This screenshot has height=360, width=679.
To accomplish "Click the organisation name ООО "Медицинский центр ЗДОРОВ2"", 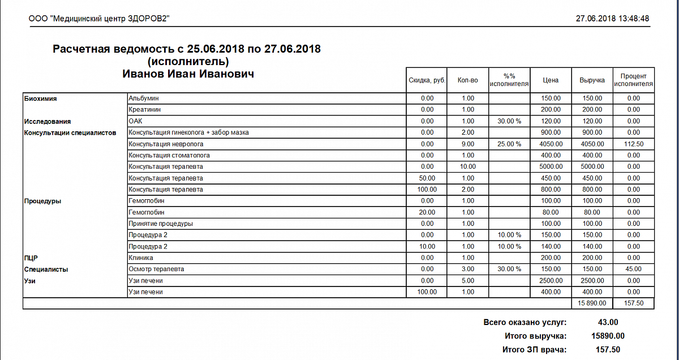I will [99, 19].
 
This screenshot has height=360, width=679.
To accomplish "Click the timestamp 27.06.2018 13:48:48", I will [612, 19].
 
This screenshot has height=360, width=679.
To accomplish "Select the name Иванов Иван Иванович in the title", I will [188, 74].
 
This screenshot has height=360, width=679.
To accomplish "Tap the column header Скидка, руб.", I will [427, 80].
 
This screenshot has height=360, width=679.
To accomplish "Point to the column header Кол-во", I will [468, 80].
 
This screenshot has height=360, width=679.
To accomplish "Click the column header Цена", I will [551, 80].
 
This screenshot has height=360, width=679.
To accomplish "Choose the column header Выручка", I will [592, 80].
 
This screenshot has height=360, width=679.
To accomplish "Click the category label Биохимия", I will [41, 98].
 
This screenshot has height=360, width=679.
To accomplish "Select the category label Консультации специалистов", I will [70, 132].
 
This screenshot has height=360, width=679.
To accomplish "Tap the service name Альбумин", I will [143, 98].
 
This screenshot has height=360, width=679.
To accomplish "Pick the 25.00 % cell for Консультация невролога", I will [509, 144].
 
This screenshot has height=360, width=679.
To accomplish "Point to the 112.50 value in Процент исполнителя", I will [633, 144].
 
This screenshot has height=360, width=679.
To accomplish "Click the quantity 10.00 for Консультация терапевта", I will [468, 166].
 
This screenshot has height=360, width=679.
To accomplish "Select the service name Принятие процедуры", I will [161, 224].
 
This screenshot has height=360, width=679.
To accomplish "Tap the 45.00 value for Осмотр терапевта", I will [633, 269].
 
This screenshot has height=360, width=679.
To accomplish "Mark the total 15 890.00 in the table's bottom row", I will [592, 303].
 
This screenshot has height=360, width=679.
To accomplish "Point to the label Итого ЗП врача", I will [534, 350].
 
